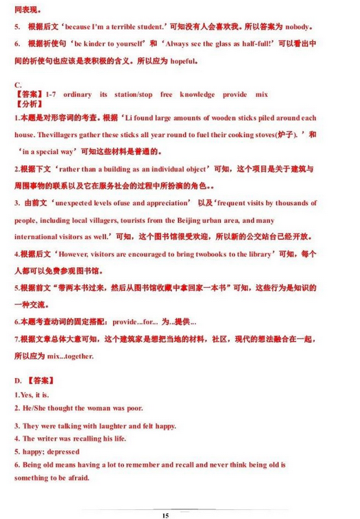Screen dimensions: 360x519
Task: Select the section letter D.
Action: [x=19, y=379]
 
